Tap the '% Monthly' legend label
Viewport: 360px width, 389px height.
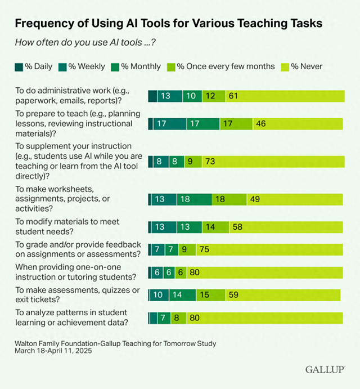141,66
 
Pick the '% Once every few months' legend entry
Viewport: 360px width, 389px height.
226,66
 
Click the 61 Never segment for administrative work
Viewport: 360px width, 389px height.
233,96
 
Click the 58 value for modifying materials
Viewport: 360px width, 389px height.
238,227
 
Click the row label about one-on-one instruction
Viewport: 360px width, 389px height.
76,272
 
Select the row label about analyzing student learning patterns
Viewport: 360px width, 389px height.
72,318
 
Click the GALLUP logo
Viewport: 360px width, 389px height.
325,370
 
